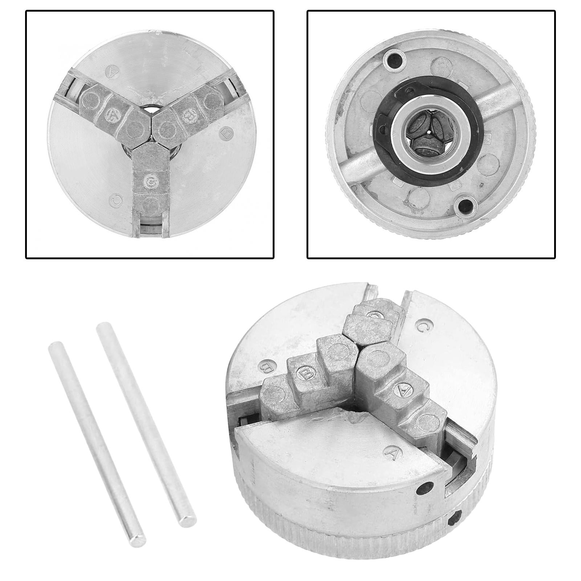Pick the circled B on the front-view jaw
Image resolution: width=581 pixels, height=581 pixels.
pos(190,115)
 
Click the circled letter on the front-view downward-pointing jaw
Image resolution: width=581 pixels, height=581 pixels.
pos(150,182)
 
